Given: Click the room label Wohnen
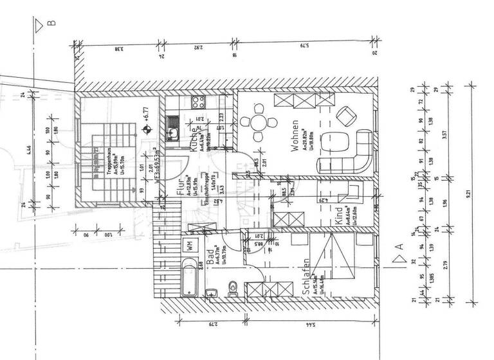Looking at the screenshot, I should pyautogui.click(x=294, y=136).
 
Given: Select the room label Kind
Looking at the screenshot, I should pyautogui.click(x=339, y=213).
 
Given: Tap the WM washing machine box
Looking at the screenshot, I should pyautogui.click(x=190, y=244).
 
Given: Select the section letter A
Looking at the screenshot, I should pyautogui.click(x=399, y=245).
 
